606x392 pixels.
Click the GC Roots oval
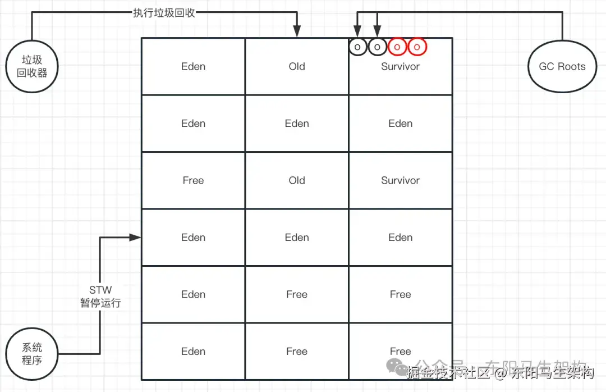(x=562, y=66)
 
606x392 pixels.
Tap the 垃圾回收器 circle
(x=33, y=66)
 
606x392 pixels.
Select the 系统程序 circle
(x=32, y=354)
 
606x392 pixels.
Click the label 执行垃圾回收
(x=164, y=12)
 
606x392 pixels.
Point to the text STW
(x=100, y=290)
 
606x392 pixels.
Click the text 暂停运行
(x=100, y=303)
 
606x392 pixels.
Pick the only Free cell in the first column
(x=193, y=180)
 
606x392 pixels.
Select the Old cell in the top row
(x=297, y=66)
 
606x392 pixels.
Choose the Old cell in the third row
(x=297, y=180)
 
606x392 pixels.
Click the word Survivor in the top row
(x=400, y=66)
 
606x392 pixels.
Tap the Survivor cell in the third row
(x=400, y=180)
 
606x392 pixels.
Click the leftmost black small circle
(x=357, y=47)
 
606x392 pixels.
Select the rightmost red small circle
(x=417, y=47)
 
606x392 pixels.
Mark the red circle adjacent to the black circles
(x=397, y=47)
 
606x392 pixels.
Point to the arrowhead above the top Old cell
(x=297, y=33)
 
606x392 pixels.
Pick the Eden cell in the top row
(x=193, y=66)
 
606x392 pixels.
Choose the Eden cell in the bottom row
(x=193, y=352)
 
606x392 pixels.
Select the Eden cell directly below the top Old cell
(x=297, y=124)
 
